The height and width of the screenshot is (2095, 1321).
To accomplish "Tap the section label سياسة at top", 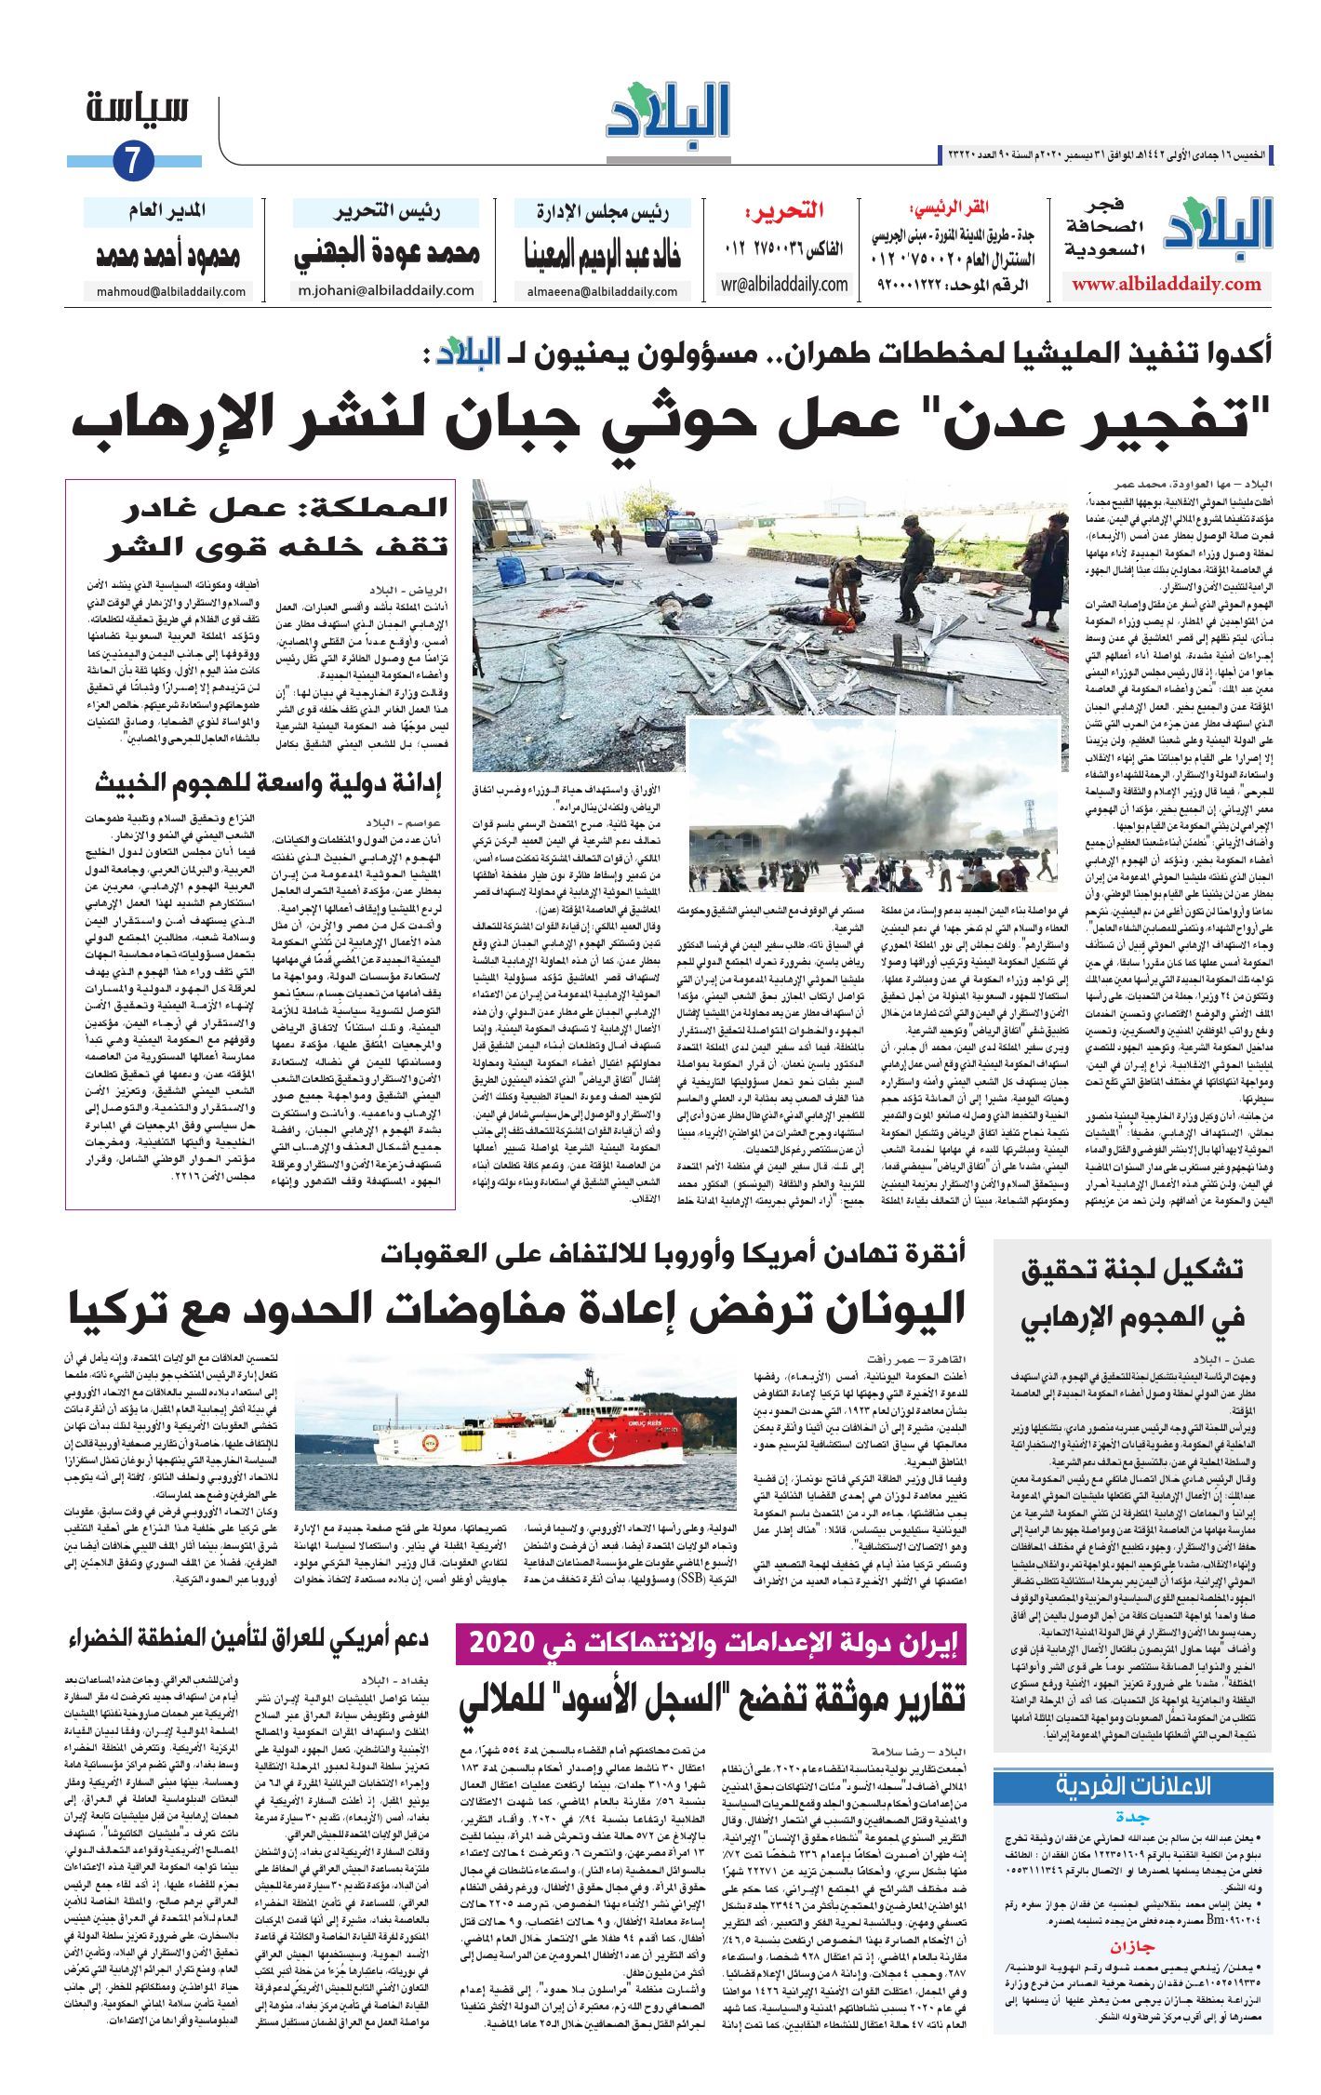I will tap(138, 110).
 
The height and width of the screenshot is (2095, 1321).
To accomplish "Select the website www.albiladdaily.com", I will tap(1166, 285).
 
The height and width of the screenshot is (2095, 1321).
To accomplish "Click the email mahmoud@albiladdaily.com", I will tap(171, 292).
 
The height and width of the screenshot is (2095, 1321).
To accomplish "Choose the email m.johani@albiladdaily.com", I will tap(386, 290).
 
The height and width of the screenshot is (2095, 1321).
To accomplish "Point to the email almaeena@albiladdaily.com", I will tap(601, 291).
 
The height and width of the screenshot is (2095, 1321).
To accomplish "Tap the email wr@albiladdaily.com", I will tap(783, 284).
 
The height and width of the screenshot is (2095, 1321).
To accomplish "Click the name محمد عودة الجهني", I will tap(387, 253).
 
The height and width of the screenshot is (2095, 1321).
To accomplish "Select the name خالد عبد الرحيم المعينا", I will tap(603, 254).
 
